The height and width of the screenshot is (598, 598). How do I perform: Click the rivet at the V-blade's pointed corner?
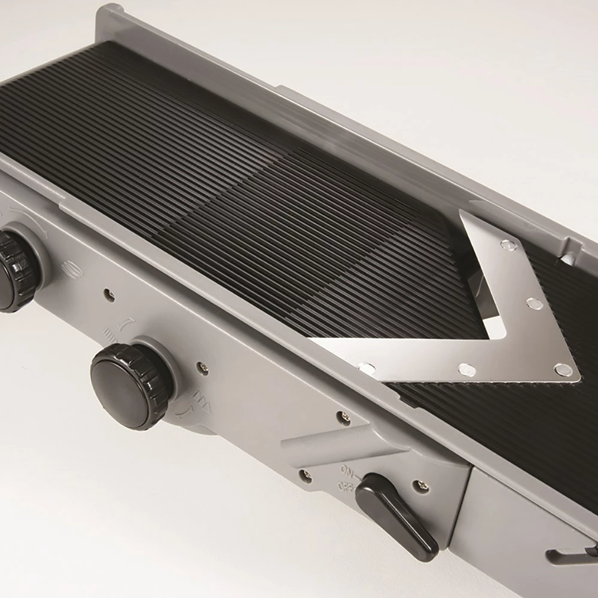[563, 370]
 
